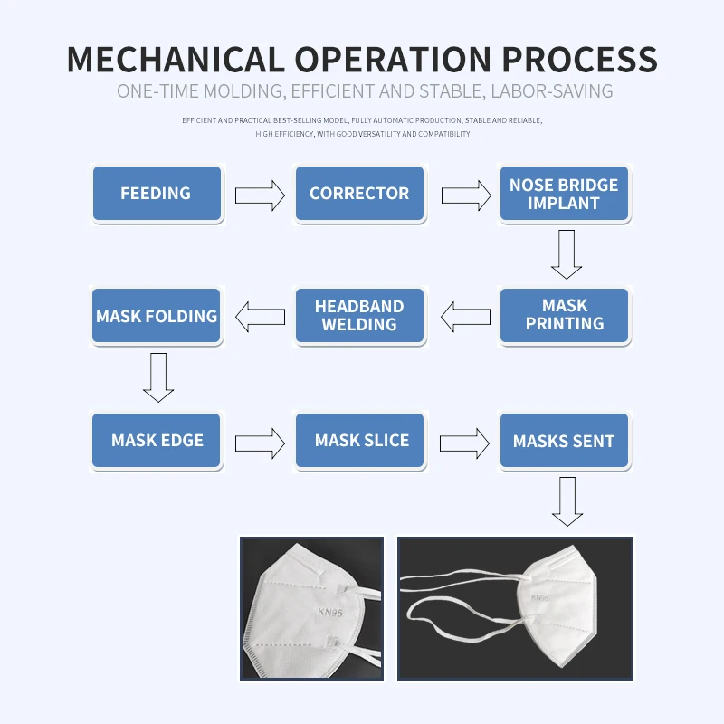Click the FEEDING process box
point(156,194)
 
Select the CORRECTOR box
point(359,194)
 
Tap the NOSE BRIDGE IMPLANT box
point(564,194)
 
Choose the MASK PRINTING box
point(564,315)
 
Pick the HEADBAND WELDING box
point(359,315)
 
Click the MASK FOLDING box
point(156,316)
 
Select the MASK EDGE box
point(156,441)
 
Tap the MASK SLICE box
point(359,441)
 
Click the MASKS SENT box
point(564,441)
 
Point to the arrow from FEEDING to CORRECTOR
point(259,195)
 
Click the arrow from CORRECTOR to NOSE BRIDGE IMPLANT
point(464,195)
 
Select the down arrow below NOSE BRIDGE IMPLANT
point(567,253)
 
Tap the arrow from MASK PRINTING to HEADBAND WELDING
point(464,318)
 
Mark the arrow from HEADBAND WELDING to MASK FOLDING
point(260,318)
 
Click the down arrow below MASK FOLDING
point(158,376)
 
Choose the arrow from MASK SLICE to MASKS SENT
point(464,443)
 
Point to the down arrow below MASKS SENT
point(567,500)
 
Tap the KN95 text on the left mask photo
point(331,613)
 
